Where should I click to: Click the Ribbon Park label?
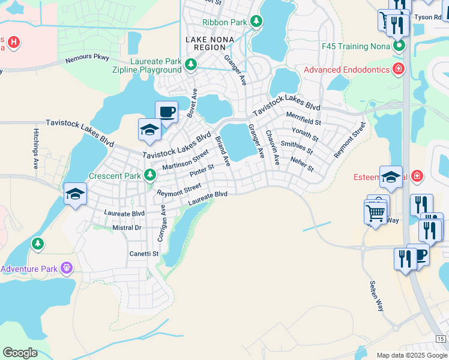point(224,22)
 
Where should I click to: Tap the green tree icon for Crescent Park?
point(151,176)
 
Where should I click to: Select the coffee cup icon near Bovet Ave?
point(166,112)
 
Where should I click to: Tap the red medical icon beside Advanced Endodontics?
point(397,70)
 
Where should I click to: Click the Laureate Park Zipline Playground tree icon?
point(191,64)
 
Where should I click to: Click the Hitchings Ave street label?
point(37,155)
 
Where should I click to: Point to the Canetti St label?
point(144,254)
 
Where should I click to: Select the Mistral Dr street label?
point(127,228)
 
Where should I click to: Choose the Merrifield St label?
point(303,118)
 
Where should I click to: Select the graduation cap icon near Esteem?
point(391,176)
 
